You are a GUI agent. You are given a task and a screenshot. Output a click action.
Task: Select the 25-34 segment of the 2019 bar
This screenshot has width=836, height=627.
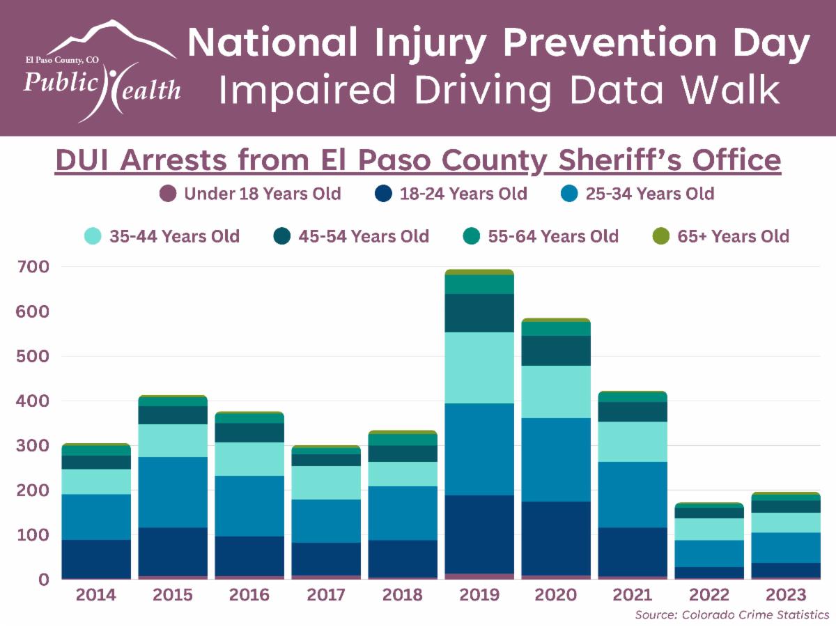pyautogui.click(x=479, y=449)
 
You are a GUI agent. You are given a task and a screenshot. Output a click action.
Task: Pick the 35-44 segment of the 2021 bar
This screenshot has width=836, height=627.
pyautogui.click(x=633, y=442)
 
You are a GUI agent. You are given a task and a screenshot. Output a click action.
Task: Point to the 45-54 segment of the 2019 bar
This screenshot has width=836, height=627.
pyautogui.click(x=479, y=313)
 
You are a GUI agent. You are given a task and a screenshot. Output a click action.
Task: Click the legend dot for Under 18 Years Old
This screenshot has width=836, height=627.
pyautogui.click(x=167, y=194)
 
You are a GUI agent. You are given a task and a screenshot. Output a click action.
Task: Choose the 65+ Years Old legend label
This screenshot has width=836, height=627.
pyautogui.click(x=734, y=236)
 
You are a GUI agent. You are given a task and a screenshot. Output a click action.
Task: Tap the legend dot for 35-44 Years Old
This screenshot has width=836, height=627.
pyautogui.click(x=93, y=236)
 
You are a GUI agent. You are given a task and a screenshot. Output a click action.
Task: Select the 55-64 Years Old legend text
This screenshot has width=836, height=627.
pyautogui.click(x=553, y=236)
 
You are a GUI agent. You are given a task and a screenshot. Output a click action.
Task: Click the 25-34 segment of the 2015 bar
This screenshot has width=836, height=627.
pyautogui.click(x=173, y=492)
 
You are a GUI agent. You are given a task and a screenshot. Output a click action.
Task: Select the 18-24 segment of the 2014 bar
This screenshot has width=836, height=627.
pyautogui.click(x=96, y=559)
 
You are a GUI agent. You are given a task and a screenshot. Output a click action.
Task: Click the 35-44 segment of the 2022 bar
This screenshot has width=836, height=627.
pyautogui.click(x=709, y=529)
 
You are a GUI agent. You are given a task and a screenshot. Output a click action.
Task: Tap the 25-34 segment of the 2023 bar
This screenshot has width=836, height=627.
pyautogui.click(x=786, y=548)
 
